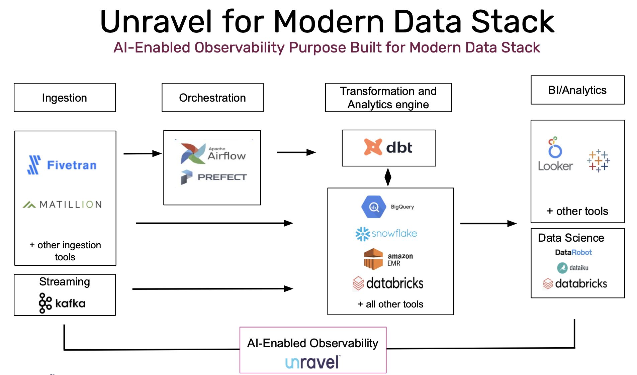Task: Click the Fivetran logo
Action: point(62,165)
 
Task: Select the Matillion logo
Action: point(62,204)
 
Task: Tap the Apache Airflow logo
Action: point(213,154)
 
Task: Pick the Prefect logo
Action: point(214,177)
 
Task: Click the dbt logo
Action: point(388,147)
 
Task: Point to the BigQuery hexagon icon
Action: point(373,207)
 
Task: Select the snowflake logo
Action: point(386,234)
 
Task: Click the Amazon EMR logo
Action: point(388,259)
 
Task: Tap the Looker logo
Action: point(555,154)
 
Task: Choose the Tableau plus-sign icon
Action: point(598,161)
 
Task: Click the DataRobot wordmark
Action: point(573,252)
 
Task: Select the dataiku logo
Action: point(572,268)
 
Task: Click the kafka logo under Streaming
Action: point(62,303)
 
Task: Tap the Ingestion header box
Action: point(65,98)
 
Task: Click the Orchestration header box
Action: point(212,98)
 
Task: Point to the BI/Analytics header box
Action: point(577,90)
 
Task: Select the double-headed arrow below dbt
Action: point(388,177)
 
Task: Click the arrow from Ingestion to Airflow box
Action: point(143,153)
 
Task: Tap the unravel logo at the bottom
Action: point(312,362)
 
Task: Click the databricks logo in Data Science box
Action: point(575,283)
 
